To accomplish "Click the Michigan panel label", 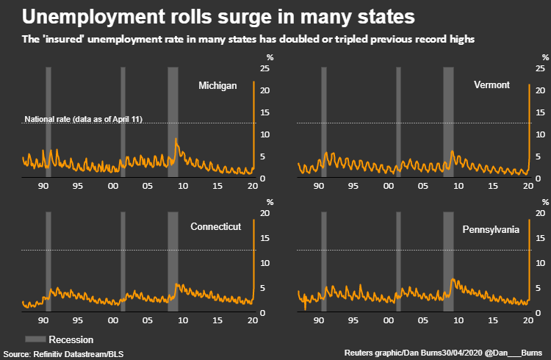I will click(217, 86).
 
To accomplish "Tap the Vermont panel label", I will click(491, 85).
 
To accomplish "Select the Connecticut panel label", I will click(215, 227).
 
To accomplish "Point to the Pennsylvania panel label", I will click(491, 230).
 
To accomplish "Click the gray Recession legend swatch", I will click(35, 339).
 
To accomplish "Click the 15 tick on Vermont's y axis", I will click(540, 112).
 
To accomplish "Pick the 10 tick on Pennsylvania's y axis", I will click(540, 263).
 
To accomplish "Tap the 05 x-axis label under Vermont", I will click(423, 187).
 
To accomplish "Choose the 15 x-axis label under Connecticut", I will click(217, 322).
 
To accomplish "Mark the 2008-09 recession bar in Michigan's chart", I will click(173, 121).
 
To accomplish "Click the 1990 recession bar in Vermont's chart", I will click(323, 121).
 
